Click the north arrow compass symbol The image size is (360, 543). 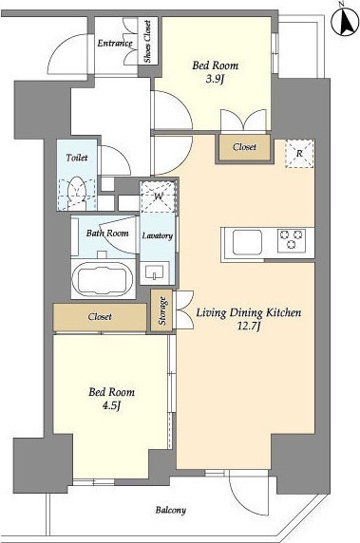(345, 21)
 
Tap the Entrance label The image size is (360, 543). (115, 44)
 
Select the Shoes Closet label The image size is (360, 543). (147, 41)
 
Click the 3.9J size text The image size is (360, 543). (216, 80)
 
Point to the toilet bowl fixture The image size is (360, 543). (77, 193)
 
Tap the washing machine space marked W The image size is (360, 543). (159, 196)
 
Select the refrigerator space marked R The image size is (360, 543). (300, 154)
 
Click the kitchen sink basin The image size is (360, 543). (247, 242)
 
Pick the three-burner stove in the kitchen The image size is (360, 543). (292, 239)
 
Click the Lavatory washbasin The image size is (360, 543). (155, 271)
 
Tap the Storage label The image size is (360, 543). (162, 310)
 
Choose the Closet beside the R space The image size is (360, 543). (245, 147)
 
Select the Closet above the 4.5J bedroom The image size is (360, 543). (100, 317)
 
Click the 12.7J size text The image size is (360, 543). (249, 327)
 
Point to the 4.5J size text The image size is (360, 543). (111, 405)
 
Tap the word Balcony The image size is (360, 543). (170, 510)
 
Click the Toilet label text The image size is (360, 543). (77, 158)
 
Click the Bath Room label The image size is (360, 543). (107, 234)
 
